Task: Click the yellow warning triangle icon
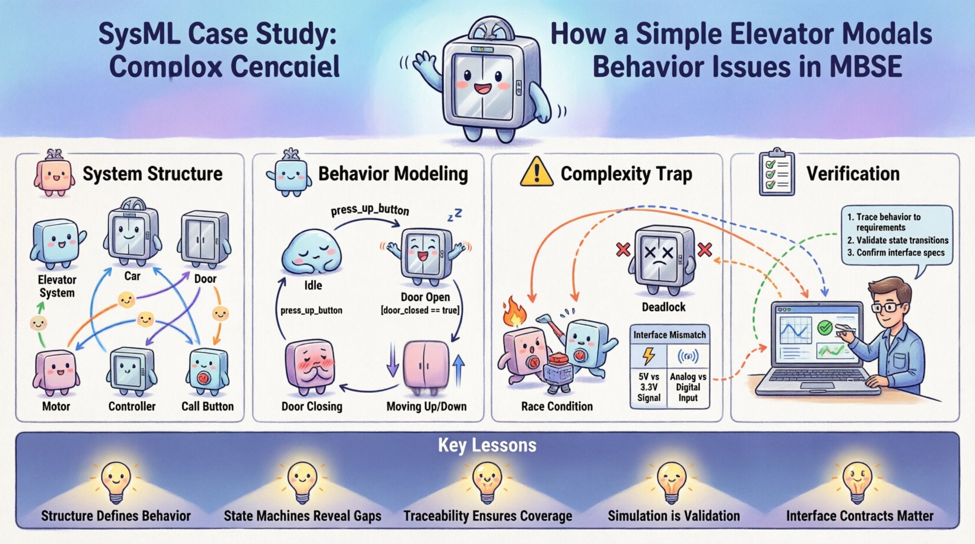(536, 174)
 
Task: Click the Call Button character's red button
(203, 378)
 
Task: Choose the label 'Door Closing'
(312, 406)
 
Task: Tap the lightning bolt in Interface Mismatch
(649, 356)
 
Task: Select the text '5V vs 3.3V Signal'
(649, 387)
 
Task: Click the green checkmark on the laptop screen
(825, 327)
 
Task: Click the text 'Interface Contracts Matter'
(860, 516)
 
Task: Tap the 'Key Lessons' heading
(487, 446)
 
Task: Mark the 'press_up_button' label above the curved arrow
(370, 210)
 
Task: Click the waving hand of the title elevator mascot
(424, 62)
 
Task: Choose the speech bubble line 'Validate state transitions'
(902, 240)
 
